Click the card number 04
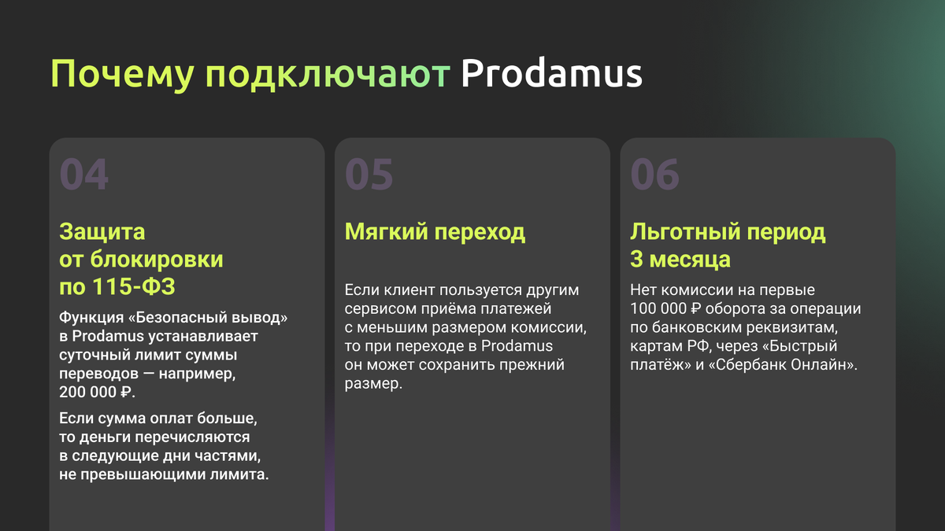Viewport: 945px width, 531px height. click(84, 175)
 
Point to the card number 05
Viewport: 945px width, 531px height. click(369, 175)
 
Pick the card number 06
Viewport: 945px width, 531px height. click(655, 175)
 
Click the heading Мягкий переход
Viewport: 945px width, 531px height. click(435, 232)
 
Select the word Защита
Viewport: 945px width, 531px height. click(102, 232)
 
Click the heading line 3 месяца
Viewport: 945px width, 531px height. click(680, 259)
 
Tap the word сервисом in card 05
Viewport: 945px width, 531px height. click(377, 308)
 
